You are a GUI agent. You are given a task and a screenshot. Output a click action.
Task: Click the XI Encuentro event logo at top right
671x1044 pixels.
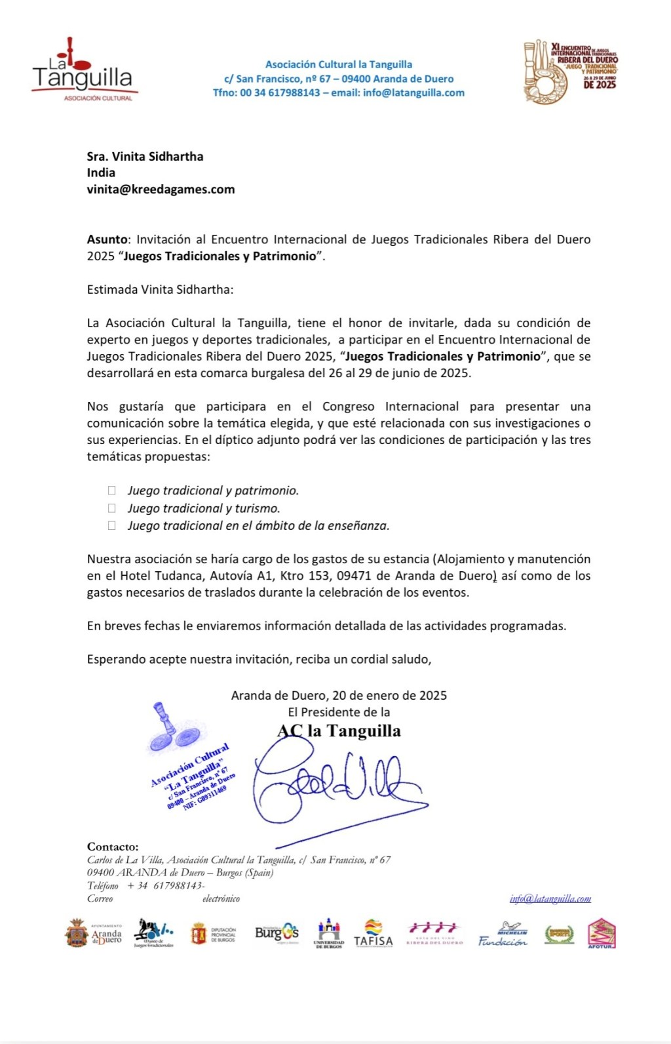click(570, 71)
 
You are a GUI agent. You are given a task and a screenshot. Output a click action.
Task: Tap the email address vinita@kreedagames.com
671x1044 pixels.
click(161, 190)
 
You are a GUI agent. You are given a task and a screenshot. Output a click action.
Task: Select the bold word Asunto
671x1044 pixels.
click(107, 239)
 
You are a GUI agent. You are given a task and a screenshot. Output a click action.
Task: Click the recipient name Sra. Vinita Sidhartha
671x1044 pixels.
click(145, 156)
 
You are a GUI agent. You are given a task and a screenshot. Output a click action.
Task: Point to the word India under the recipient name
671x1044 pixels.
click(101, 172)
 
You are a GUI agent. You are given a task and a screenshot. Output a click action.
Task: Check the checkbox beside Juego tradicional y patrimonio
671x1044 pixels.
click(112, 490)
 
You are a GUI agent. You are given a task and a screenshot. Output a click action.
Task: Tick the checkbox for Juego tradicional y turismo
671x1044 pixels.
click(112, 508)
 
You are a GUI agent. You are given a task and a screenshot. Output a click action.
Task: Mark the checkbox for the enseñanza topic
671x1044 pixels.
click(112, 525)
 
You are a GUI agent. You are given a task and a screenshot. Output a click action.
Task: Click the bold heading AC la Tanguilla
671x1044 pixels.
click(339, 731)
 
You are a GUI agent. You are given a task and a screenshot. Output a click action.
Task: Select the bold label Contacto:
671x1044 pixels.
click(113, 847)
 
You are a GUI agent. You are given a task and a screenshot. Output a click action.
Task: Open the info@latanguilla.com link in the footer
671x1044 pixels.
click(550, 898)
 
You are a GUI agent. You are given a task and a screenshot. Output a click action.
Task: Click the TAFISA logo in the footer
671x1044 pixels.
click(373, 933)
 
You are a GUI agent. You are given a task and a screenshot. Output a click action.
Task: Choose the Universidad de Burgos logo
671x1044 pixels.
click(328, 933)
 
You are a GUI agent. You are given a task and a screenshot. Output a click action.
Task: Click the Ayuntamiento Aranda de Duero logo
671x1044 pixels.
click(94, 933)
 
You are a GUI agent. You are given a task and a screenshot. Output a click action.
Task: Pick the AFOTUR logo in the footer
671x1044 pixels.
click(601, 933)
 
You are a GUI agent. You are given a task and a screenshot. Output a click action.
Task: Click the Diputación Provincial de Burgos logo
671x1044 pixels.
click(213, 933)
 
